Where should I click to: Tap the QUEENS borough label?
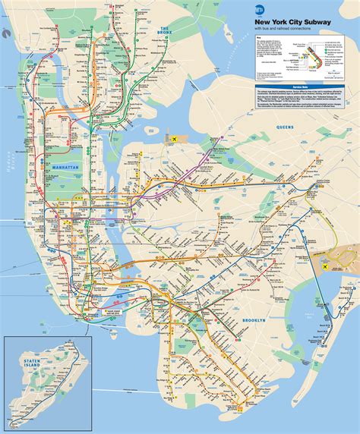point(286,127)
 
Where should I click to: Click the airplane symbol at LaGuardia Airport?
point(174,139)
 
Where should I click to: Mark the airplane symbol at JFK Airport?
point(329,268)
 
